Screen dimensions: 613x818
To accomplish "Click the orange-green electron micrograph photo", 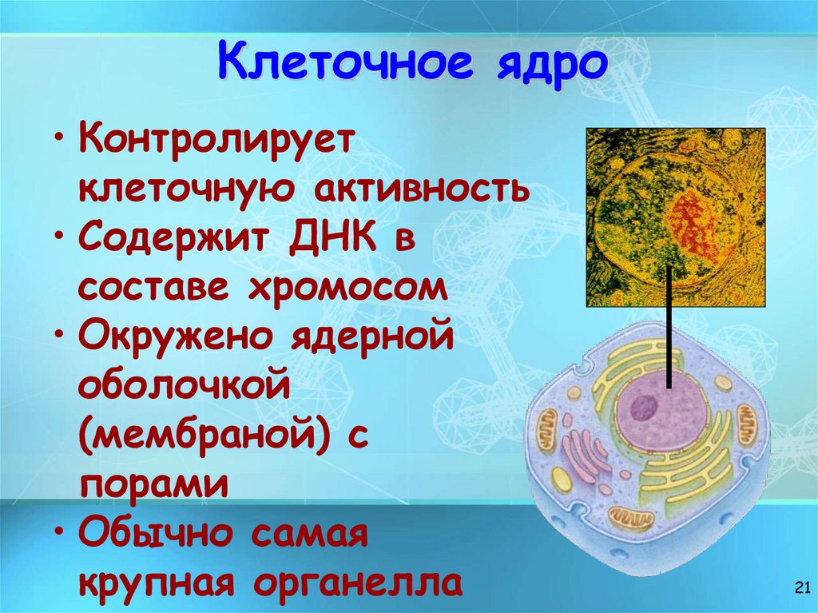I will [675, 217].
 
